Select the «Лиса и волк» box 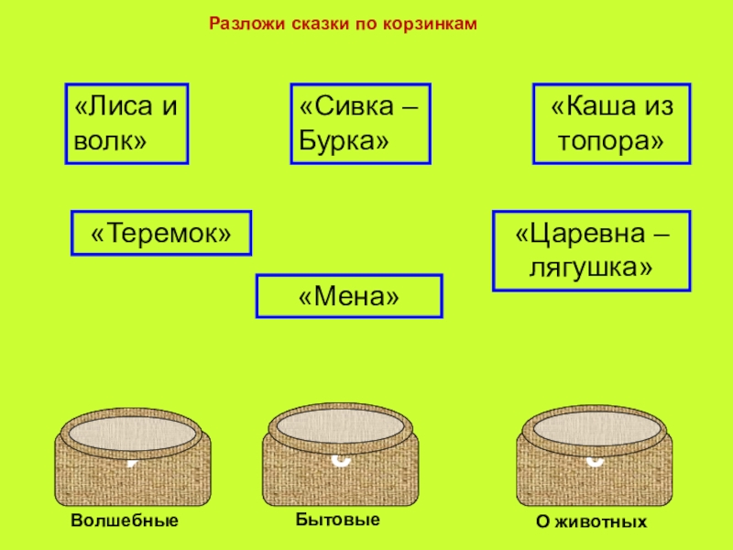coord(126,124)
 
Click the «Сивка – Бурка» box coord(360,124)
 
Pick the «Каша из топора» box coord(612,124)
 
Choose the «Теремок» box coord(161,233)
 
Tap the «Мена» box coord(349,296)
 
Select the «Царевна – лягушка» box coord(592,250)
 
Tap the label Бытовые coord(338,520)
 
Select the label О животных coord(592,522)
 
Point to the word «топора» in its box coord(610,142)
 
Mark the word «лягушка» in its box coord(591,268)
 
